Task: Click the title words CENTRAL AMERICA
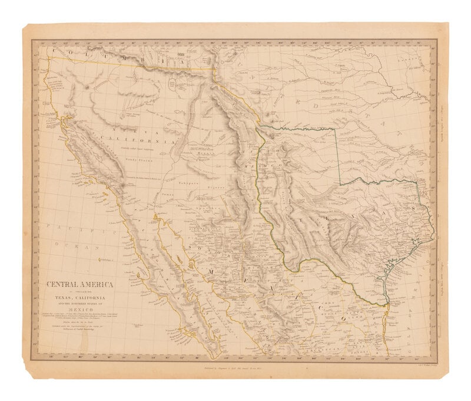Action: coord(81,284)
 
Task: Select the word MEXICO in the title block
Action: coord(81,307)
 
